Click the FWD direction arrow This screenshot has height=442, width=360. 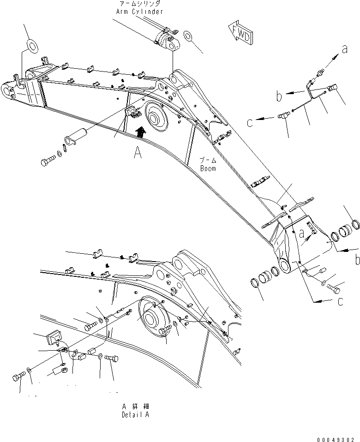point(239,33)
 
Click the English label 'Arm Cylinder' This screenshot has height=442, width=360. point(139,12)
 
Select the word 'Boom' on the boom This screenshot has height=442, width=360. point(208,168)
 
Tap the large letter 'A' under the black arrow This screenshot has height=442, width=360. point(138,152)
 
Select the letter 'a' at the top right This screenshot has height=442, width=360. point(344,49)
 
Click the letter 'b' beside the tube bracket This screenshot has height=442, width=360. point(279,96)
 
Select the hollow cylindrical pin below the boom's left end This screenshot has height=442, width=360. point(76,137)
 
